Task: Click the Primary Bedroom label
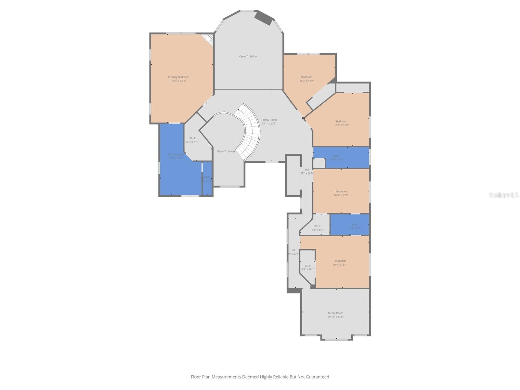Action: (x=178, y=79)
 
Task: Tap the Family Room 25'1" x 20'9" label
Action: (x=269, y=122)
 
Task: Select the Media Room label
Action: (x=335, y=315)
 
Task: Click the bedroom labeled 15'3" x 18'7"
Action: (x=307, y=79)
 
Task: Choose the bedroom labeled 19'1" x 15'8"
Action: (x=342, y=123)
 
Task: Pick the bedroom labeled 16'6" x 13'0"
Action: (x=341, y=193)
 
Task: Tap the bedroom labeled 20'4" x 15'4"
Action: (x=340, y=263)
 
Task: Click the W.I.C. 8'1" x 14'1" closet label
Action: (x=193, y=140)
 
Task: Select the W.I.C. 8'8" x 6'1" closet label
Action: (x=318, y=228)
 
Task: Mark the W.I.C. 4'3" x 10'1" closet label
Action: (x=308, y=267)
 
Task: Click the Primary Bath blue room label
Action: (x=176, y=156)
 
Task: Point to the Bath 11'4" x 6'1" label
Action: (x=355, y=226)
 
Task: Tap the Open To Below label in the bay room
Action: (x=248, y=57)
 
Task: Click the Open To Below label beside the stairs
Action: (x=226, y=151)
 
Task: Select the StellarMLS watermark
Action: (x=504, y=195)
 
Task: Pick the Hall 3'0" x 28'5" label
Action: (x=307, y=171)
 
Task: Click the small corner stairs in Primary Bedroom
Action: (x=207, y=40)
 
